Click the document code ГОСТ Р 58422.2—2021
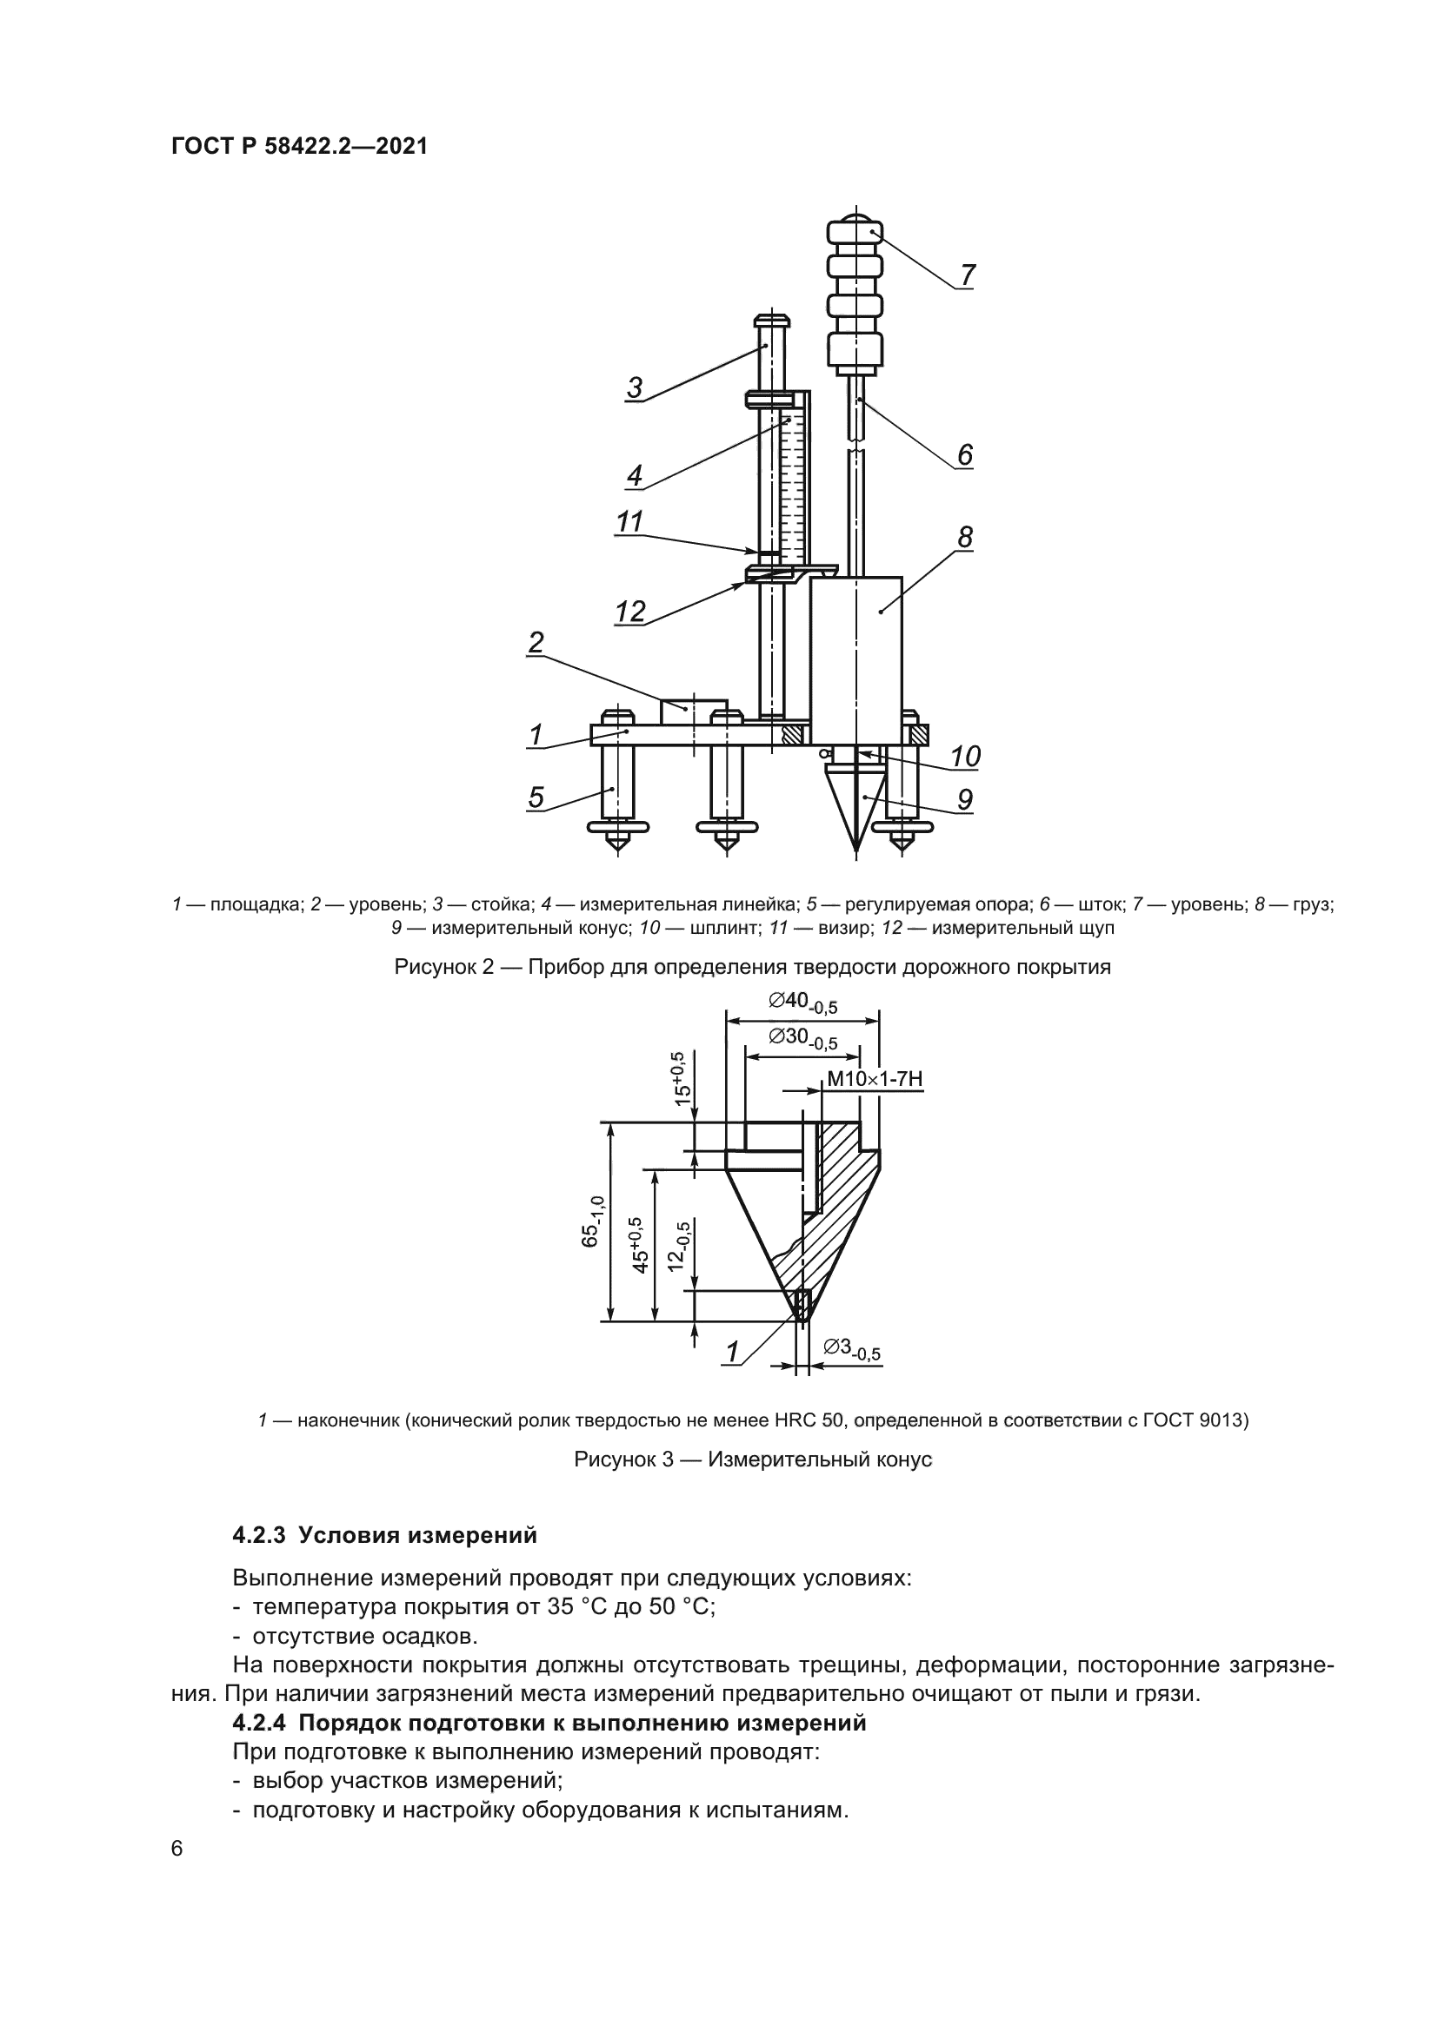[x=299, y=147]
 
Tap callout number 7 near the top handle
[x=967, y=275]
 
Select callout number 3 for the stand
[x=634, y=387]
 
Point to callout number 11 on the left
[x=629, y=522]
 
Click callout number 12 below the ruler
[x=630, y=612]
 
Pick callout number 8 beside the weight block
[x=964, y=537]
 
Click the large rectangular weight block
[x=856, y=659]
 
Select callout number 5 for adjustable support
[x=536, y=798]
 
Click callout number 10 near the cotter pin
[x=965, y=756]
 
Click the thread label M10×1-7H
[x=875, y=1079]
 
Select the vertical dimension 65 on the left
[x=592, y=1221]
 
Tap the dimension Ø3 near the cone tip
[x=851, y=1349]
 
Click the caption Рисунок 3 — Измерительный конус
[x=753, y=1459]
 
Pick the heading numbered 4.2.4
[x=262, y=1723]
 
